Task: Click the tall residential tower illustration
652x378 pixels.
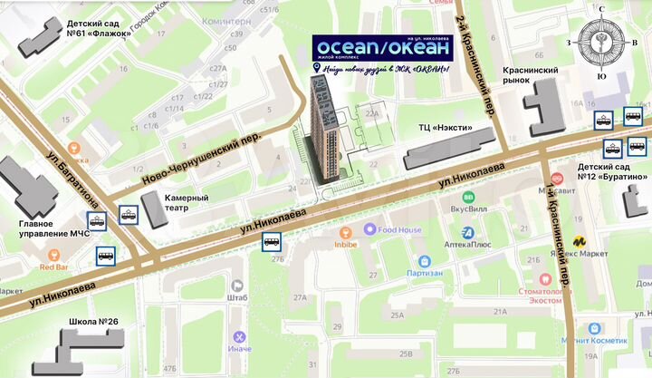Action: [325, 127]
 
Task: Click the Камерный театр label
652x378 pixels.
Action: [187, 202]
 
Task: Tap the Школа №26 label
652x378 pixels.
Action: [93, 322]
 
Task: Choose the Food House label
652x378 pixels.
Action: [399, 230]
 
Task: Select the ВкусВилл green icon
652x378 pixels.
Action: [469, 197]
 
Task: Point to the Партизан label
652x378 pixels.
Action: [425, 272]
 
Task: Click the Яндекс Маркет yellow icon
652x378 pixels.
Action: [577, 242]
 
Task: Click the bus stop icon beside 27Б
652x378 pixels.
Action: [271, 241]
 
